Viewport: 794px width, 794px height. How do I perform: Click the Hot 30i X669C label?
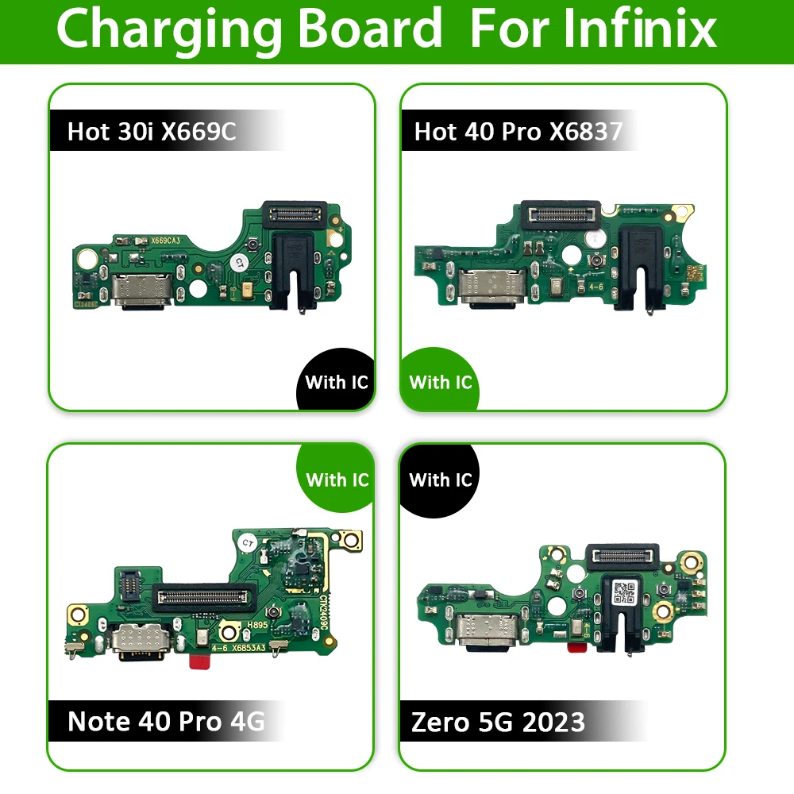[152, 131]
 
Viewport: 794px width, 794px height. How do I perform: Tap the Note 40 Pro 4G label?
[166, 721]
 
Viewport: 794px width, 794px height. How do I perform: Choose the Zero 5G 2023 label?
[498, 722]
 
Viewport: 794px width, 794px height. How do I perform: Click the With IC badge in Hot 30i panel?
[337, 382]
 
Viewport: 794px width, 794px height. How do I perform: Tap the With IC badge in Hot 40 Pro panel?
[441, 382]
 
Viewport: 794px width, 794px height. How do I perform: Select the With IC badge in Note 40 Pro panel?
[337, 480]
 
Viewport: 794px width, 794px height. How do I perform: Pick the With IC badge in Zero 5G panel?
[441, 480]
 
